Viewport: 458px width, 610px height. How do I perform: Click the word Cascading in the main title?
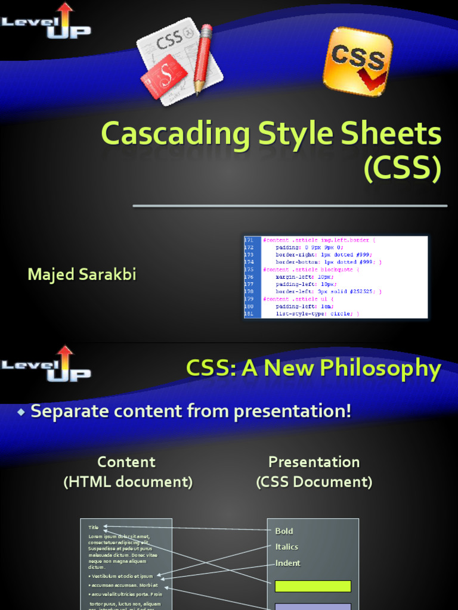175,135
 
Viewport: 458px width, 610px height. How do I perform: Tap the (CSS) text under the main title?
403,169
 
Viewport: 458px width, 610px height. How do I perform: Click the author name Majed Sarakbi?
82,275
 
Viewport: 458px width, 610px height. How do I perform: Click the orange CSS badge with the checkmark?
358,61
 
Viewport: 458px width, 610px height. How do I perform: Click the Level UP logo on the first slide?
47,21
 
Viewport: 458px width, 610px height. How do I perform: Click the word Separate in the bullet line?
67,411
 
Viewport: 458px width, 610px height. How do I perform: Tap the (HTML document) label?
128,482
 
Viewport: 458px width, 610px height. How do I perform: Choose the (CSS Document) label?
314,482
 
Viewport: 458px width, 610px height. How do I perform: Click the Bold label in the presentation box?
284,531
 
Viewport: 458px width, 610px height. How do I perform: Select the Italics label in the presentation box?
286,547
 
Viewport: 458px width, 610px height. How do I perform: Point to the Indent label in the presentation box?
287,563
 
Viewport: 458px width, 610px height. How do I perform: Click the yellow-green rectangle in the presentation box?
312,586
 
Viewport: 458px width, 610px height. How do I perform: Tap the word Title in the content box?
94,527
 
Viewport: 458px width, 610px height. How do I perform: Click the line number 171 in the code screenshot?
249,239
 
